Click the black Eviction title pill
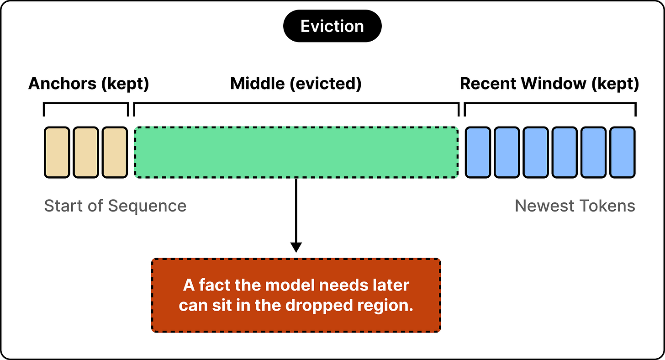point(332,26)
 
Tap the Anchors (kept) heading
point(89,84)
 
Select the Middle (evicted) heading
point(296,84)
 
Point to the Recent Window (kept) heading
point(549,84)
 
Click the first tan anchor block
point(57,153)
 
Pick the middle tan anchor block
point(86,153)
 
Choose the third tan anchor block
point(115,153)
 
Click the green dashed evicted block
point(296,153)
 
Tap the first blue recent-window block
point(478,153)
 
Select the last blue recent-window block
point(623,153)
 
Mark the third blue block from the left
point(536,153)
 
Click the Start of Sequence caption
point(115,206)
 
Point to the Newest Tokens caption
point(575,206)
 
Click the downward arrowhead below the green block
point(296,248)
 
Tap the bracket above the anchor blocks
point(86,103)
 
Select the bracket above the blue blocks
point(550,103)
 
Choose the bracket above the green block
point(296,103)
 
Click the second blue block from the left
point(507,153)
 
